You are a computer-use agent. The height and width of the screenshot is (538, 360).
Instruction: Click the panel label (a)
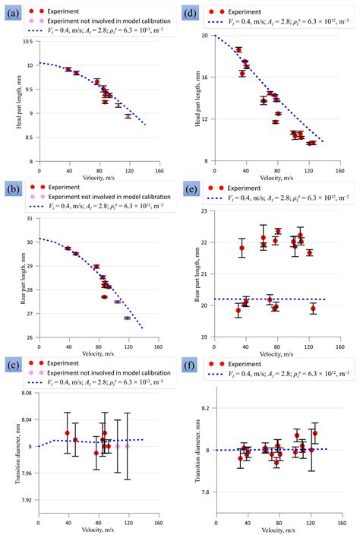[x=11, y=11]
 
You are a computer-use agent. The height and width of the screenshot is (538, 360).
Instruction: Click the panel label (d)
[x=192, y=11]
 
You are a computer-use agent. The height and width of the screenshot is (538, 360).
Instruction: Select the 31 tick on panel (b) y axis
[x=32, y=219]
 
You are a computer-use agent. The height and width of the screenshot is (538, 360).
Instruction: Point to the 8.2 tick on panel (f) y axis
[x=209, y=408]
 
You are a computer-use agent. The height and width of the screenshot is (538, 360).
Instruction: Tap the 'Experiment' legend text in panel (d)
[x=244, y=11]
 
